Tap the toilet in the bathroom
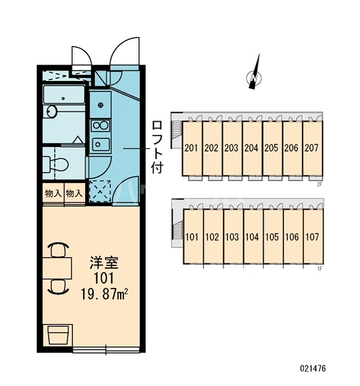pos(55,164)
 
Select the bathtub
pos(63,95)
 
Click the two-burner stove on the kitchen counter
pos(100,126)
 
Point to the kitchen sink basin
pos(100,144)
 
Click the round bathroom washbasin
pos(51,111)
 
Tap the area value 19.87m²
pos(104,294)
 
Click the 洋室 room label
pos(104,263)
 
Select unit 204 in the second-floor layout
pos(251,148)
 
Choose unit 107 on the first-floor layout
pos(313,237)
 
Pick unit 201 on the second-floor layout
pos(191,148)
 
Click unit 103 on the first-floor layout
pos(232,237)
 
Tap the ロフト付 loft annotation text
pos(158,147)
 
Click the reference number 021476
pos(313,368)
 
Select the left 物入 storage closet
pos(53,193)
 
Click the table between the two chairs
pos(57,268)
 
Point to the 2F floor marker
pos(319,184)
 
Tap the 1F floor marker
pos(319,269)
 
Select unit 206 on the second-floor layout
pos(291,148)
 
